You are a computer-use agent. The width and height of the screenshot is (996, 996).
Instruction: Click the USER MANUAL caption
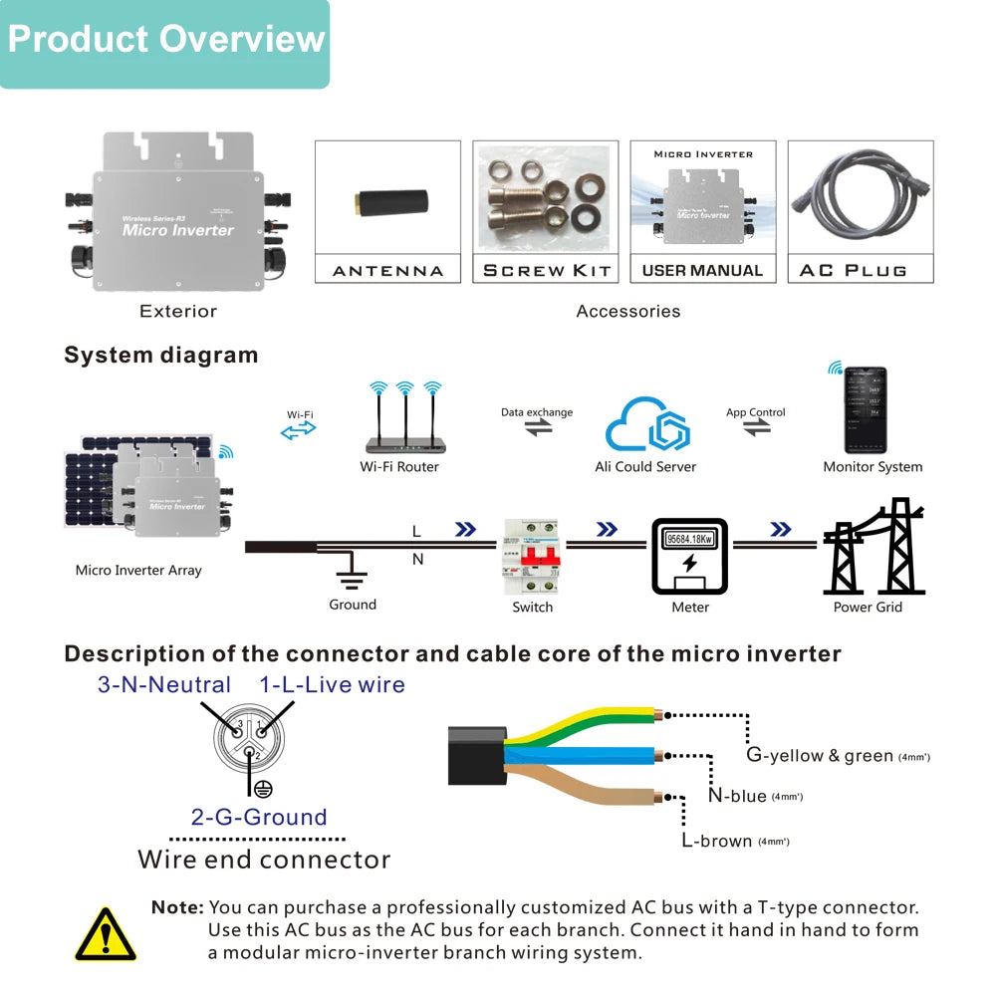click(x=702, y=270)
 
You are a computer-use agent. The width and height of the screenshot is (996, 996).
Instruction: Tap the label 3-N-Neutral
click(x=164, y=685)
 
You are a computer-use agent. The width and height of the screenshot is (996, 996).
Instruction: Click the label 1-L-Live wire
click(x=333, y=685)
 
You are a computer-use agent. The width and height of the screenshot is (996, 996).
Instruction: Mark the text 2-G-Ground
click(x=259, y=818)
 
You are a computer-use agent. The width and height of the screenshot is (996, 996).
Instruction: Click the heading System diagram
click(x=160, y=356)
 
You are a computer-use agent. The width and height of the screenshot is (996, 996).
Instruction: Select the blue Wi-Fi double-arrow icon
click(x=298, y=429)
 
